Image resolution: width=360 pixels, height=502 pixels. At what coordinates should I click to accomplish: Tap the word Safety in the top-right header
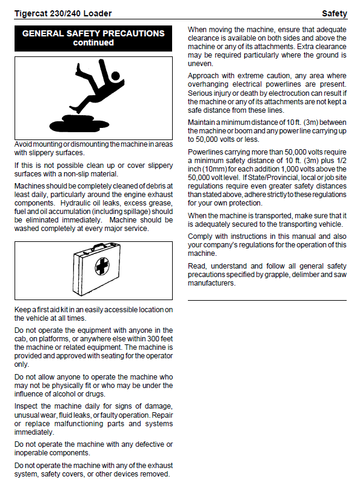click(x=335, y=13)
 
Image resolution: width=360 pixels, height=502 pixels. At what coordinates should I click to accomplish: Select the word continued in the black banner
click(x=93, y=42)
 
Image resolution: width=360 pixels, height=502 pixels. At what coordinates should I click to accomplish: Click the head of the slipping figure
click(x=115, y=76)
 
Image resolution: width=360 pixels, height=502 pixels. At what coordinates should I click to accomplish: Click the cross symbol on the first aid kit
click(x=102, y=266)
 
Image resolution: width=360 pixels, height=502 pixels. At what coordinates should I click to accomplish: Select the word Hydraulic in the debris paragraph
click(x=75, y=203)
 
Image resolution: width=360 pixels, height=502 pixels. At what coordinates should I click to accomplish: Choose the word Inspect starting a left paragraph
click(x=25, y=406)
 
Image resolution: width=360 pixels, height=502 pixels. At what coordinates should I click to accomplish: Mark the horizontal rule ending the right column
click(x=267, y=300)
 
